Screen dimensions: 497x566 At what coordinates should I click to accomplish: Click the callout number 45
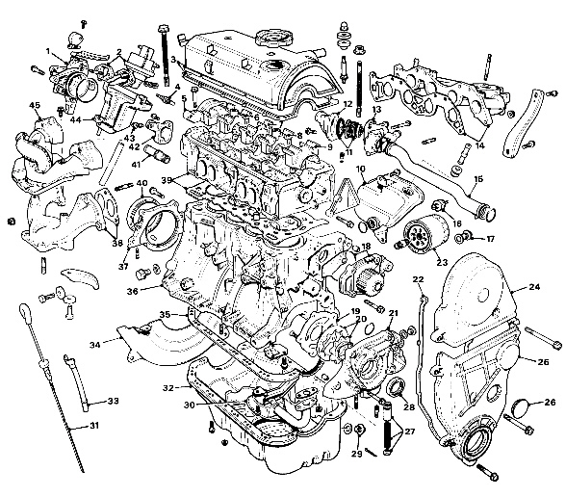(35, 105)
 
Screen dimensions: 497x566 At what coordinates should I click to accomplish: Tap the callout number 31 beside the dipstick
(93, 425)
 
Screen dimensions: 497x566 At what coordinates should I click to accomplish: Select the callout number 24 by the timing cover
(534, 287)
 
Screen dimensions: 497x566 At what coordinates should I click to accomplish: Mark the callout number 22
(419, 279)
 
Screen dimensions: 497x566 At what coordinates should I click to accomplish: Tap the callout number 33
(113, 400)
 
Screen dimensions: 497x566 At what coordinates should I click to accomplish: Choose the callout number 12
(347, 104)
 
